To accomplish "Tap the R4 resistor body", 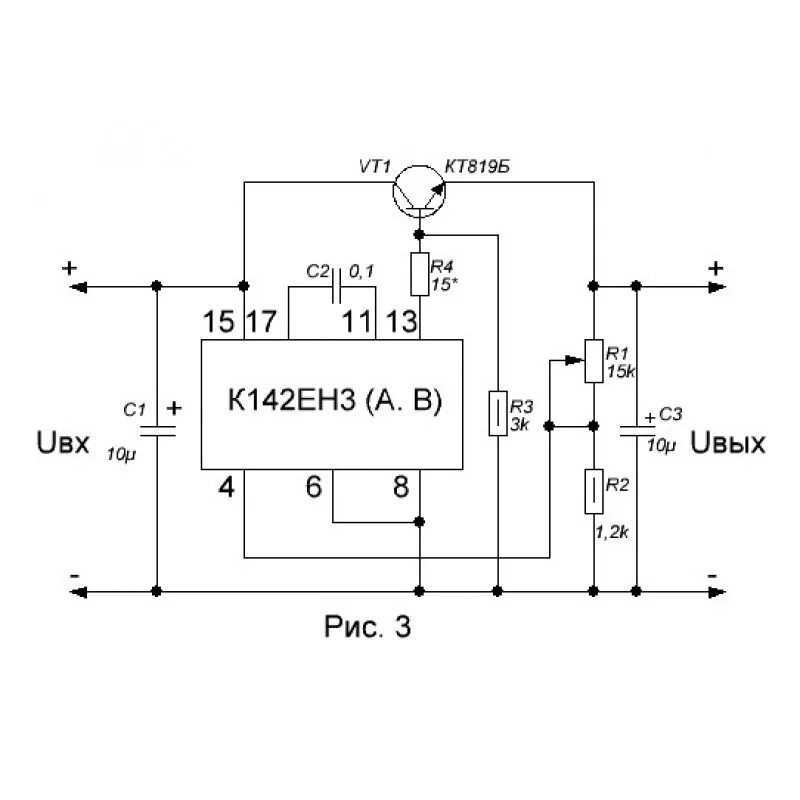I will [419, 273].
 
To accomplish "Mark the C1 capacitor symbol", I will [156, 431].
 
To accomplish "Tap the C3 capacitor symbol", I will [636, 430].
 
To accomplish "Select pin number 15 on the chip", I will [218, 322].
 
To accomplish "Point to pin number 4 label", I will [227, 488].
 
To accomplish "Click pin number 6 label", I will [314, 488].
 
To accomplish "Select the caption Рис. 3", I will [368, 628].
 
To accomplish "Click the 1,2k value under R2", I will [611, 533].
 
